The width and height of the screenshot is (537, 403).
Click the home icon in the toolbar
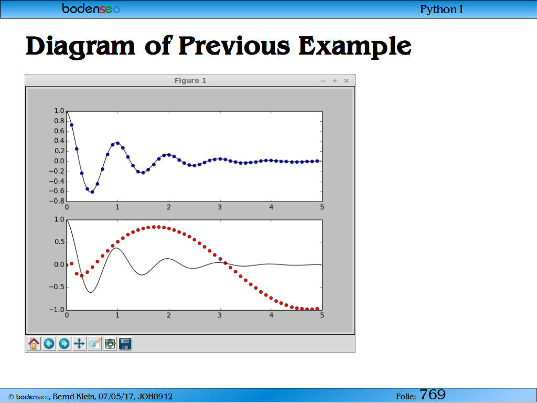coord(34,343)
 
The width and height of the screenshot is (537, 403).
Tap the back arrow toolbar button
coord(49,343)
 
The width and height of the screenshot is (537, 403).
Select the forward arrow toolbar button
coord(64,343)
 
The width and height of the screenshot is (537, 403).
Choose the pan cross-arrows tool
coord(79,343)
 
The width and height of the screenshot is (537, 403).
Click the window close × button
coord(346,80)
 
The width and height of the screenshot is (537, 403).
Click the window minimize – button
coord(323,81)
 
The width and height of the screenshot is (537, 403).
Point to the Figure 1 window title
coord(190,80)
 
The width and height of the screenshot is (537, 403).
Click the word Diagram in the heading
coord(80,46)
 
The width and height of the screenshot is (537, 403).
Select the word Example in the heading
coord(355,46)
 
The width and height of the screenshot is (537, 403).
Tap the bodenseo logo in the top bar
coord(91,8)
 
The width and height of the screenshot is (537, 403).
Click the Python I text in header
coord(442,9)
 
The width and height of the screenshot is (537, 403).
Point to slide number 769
coord(433,395)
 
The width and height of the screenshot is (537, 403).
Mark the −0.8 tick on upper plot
coord(57,201)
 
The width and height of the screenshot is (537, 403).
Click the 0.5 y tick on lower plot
coord(59,242)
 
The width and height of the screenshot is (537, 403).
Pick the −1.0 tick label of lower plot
coord(57,310)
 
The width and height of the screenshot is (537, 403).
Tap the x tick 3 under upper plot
coord(220,207)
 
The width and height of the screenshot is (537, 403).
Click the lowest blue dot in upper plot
coord(92,192)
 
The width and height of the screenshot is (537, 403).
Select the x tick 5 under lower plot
coord(322,315)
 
